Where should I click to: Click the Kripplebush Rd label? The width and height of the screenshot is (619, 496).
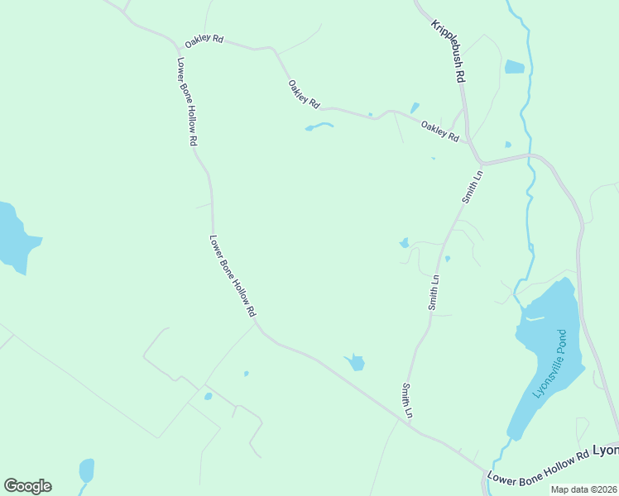449,50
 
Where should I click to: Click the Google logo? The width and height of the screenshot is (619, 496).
27,486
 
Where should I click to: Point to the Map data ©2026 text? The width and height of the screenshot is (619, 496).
584,489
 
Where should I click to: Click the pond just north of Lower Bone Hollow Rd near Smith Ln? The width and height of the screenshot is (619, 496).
355,362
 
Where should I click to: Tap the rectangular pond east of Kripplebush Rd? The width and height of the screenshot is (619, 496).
514,67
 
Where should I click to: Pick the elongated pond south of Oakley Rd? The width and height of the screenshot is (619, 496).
319,126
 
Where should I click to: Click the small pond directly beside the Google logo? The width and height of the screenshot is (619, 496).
86,470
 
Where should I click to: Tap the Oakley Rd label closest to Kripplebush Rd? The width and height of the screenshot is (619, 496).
439,131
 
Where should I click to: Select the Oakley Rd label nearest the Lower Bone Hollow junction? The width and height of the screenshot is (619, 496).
204,40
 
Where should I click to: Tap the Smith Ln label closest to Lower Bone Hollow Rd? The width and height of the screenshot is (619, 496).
407,399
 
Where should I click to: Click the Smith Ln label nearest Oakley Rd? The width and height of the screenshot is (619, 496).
471,187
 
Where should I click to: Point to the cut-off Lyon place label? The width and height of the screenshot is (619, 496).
606,451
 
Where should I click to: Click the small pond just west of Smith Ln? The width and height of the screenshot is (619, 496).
404,243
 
